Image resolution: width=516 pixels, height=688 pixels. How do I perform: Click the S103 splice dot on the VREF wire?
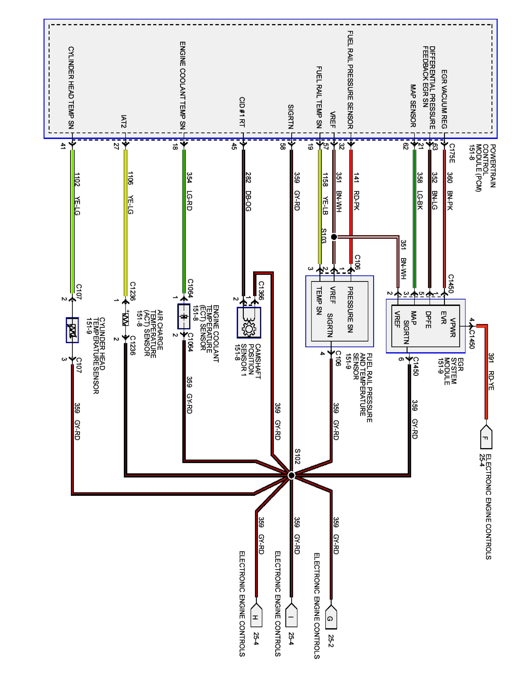[334, 237]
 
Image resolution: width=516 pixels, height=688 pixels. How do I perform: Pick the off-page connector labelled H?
[256, 617]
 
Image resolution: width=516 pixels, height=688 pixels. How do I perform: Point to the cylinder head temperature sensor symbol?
[72, 330]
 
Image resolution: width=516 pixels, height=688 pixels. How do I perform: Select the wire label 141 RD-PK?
[356, 191]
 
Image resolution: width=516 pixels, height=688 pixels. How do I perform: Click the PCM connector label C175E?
[452, 153]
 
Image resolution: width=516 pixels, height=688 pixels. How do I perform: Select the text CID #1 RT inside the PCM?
[242, 112]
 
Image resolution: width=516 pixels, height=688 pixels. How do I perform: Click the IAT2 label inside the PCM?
[124, 121]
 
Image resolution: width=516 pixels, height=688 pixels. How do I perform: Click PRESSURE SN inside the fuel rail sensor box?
[350, 309]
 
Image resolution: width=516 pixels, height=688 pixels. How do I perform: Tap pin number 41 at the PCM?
[63, 146]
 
